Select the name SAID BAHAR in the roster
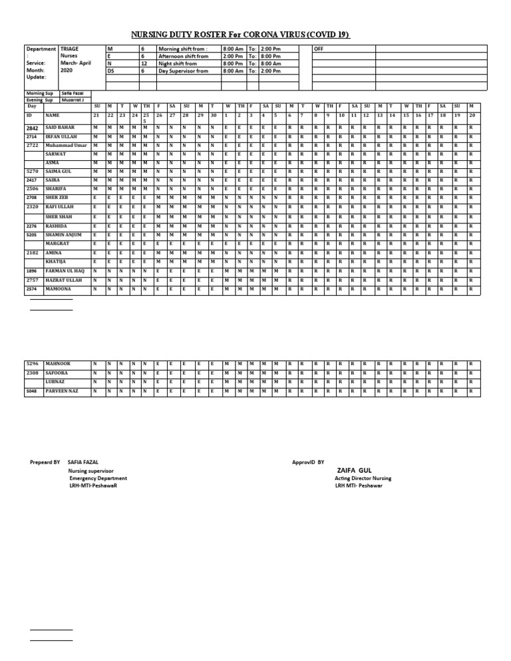60,126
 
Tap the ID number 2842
33,126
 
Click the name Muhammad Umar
67,145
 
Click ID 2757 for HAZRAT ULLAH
32,281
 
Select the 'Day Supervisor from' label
183,70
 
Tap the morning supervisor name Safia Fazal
72,93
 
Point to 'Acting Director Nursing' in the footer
363,478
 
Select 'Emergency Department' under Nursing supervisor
98,478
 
